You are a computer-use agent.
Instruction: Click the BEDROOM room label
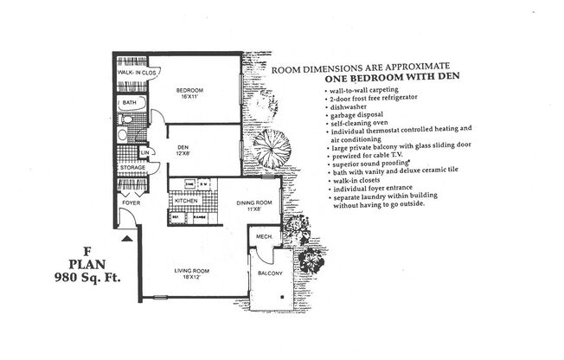point(189,90)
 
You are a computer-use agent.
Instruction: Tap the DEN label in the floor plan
point(183,147)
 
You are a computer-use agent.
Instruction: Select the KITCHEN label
point(187,201)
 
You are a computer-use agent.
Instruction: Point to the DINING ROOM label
point(254,202)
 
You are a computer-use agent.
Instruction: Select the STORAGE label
point(131,167)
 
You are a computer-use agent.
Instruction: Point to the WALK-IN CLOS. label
point(137,73)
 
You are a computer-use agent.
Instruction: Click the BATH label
point(129,103)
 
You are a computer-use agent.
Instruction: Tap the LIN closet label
point(146,152)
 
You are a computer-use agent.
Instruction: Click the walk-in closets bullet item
point(358,180)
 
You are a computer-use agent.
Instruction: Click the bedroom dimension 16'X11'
point(189,98)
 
